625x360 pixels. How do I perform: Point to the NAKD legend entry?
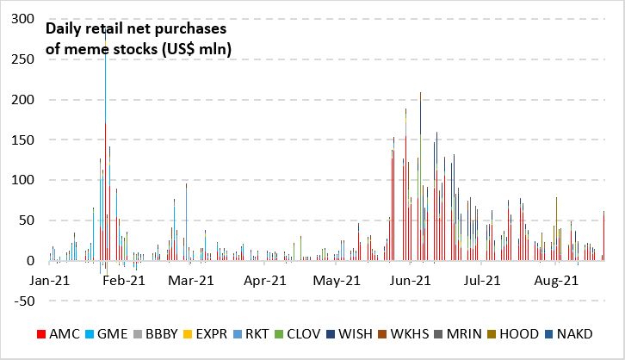[x=589, y=333]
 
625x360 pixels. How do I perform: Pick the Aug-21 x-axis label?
[x=555, y=281]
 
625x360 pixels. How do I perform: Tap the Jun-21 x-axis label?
[x=411, y=281]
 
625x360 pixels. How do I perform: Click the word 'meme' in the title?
[x=78, y=49]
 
